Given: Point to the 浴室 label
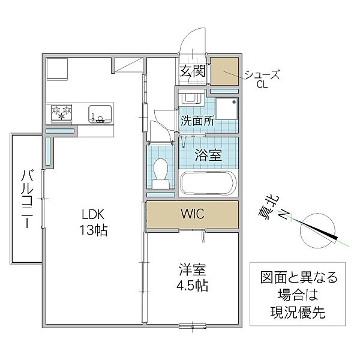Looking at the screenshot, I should coord(208,155).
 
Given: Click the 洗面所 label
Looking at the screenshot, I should coord(198,120).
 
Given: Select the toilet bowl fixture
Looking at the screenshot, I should coord(161,170).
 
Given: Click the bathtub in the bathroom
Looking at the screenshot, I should coord(208,183).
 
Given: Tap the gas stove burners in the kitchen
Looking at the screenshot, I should coord(62,111).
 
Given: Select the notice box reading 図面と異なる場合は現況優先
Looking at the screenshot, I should coord(299,296).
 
